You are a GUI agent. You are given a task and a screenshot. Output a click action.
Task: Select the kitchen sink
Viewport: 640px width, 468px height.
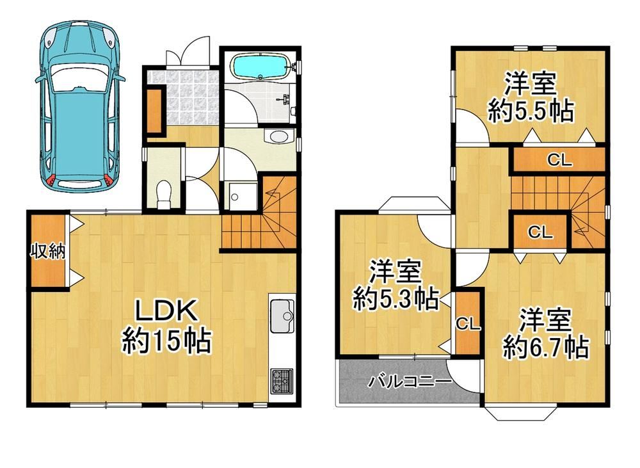[x=282, y=316]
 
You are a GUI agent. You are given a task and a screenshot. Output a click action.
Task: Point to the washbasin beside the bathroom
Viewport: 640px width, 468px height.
[x=279, y=136]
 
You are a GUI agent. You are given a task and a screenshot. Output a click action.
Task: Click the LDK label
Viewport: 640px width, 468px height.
[x=166, y=312]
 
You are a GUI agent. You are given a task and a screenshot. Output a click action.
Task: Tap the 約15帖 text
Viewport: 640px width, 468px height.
[x=166, y=341]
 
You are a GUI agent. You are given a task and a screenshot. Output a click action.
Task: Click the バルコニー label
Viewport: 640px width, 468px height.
[x=410, y=382]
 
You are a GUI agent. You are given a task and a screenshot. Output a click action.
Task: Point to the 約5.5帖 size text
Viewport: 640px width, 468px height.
[x=531, y=110]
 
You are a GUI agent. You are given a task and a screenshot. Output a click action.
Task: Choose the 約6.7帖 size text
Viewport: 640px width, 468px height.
[x=545, y=348]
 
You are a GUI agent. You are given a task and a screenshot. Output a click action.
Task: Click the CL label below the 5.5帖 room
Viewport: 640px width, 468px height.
[x=559, y=161]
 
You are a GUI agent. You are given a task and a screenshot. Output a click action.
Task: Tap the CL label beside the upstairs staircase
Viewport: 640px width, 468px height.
[x=540, y=232]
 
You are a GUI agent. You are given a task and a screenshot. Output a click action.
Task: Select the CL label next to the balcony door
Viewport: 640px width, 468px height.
[x=468, y=324]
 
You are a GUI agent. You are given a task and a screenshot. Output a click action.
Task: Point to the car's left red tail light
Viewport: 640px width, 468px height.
[x=51, y=181]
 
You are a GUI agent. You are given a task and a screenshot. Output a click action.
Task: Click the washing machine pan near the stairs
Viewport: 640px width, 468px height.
[x=243, y=197]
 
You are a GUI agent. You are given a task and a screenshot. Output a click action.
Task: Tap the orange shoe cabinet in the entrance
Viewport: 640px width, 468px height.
[x=154, y=110]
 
